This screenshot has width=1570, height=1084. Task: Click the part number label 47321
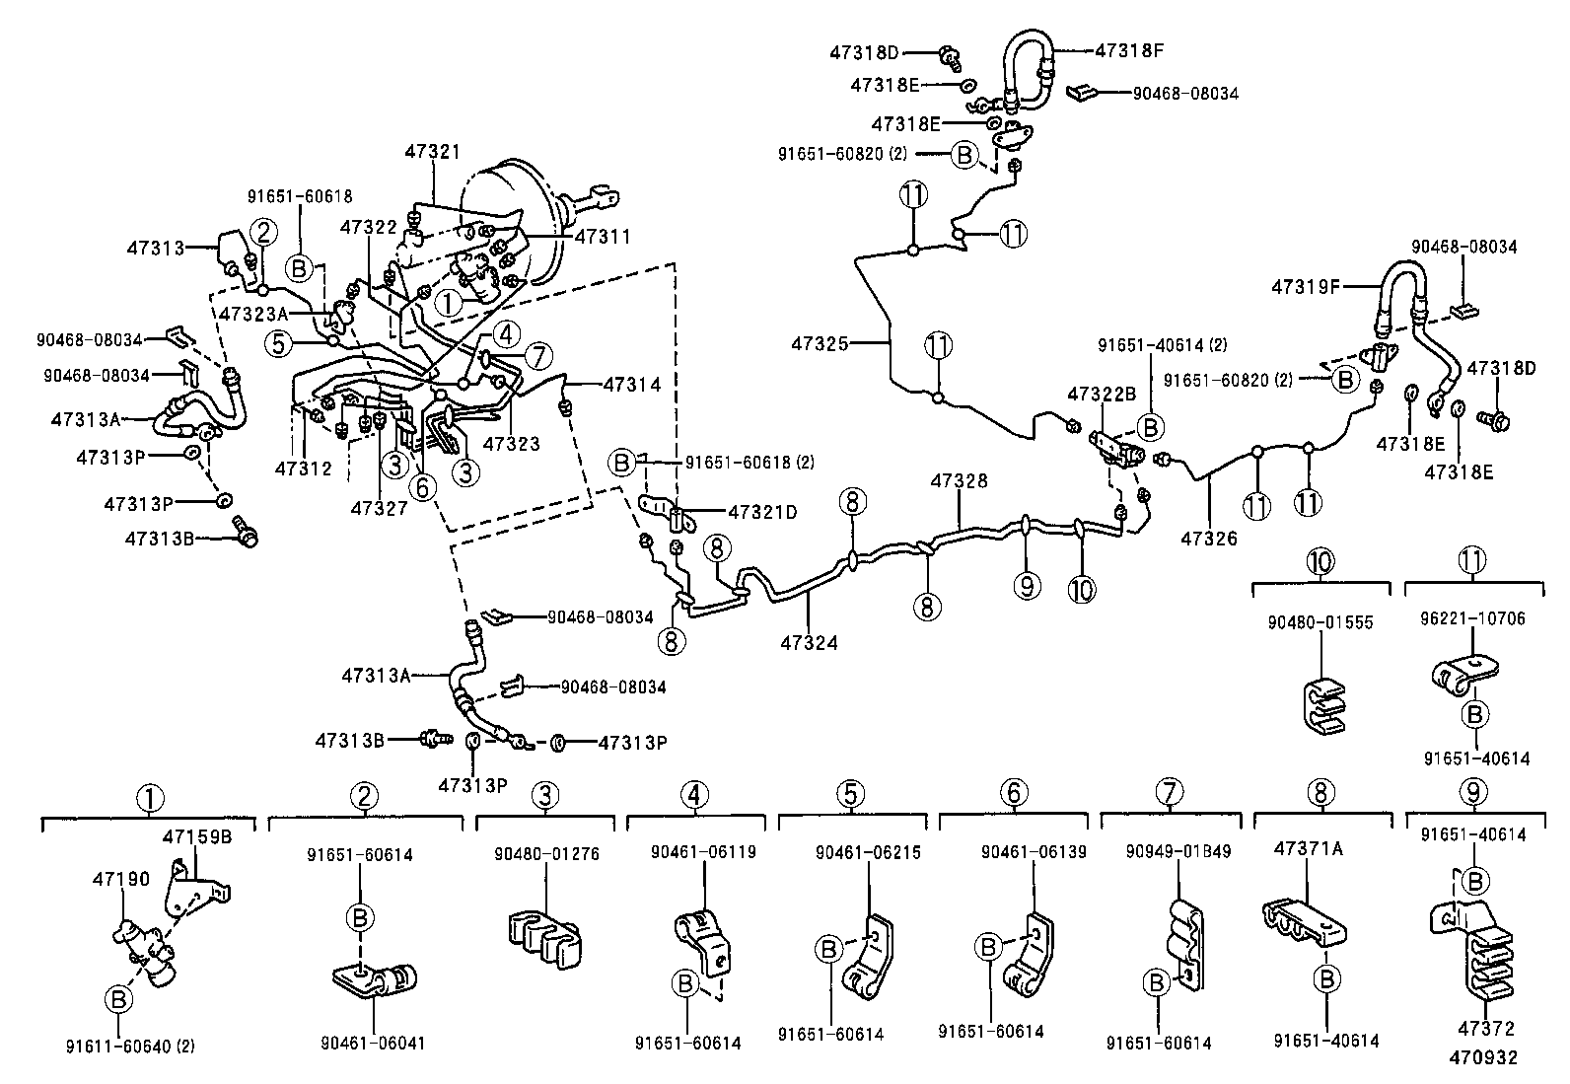pyautogui.click(x=432, y=151)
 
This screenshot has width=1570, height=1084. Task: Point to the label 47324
pyautogui.click(x=809, y=643)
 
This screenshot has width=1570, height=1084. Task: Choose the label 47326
pyautogui.click(x=1209, y=540)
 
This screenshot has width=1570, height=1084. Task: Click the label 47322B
pyautogui.click(x=1102, y=394)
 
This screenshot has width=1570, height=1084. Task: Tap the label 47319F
pyautogui.click(x=1306, y=287)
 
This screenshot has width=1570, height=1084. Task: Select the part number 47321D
pyautogui.click(x=762, y=512)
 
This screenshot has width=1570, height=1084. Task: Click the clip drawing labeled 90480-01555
pyautogui.click(x=1320, y=705)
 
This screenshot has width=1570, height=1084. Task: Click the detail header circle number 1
pyautogui.click(x=149, y=797)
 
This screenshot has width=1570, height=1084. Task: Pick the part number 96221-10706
pyautogui.click(x=1471, y=619)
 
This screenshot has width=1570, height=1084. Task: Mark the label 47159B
pyautogui.click(x=196, y=837)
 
